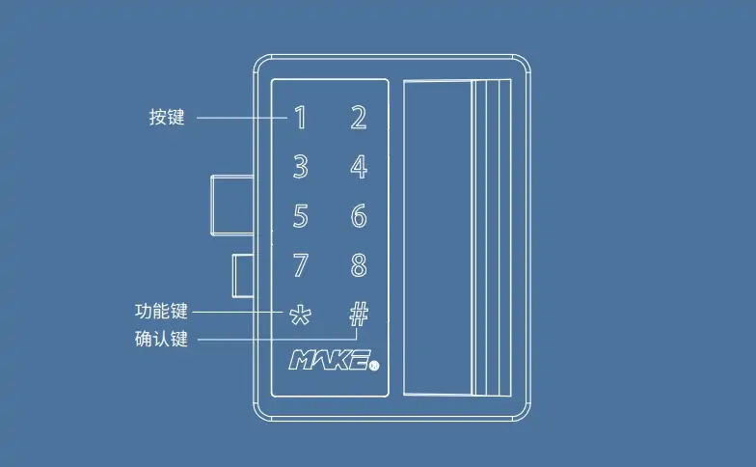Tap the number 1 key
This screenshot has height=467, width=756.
[301, 118]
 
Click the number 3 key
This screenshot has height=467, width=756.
[301, 167]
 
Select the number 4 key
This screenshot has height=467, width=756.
[359, 167]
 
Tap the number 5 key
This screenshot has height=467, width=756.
[301, 216]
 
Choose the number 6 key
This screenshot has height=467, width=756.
[359, 216]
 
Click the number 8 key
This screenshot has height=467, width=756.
[359, 264]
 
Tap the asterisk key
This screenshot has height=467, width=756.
[300, 315]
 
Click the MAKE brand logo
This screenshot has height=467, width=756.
[330, 360]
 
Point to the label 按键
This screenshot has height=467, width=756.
[167, 118]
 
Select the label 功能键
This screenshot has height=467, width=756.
[161, 311]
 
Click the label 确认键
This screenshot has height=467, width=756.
[161, 339]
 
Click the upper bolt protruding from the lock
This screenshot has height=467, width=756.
[232, 206]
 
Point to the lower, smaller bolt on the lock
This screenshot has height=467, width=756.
[243, 276]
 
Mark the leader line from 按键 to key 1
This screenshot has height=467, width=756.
[241, 118]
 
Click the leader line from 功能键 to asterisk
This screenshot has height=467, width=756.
[237, 313]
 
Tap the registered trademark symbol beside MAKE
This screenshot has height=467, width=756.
[374, 366]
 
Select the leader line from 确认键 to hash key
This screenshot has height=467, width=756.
[278, 340]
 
